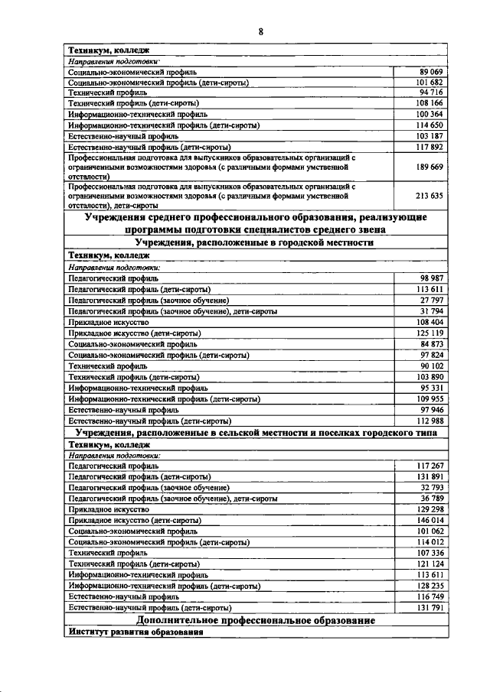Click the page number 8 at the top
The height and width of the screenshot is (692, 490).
pos(260,31)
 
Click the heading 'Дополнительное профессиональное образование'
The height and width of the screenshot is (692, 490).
pos(256,620)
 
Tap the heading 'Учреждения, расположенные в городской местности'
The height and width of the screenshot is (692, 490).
pos(256,242)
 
